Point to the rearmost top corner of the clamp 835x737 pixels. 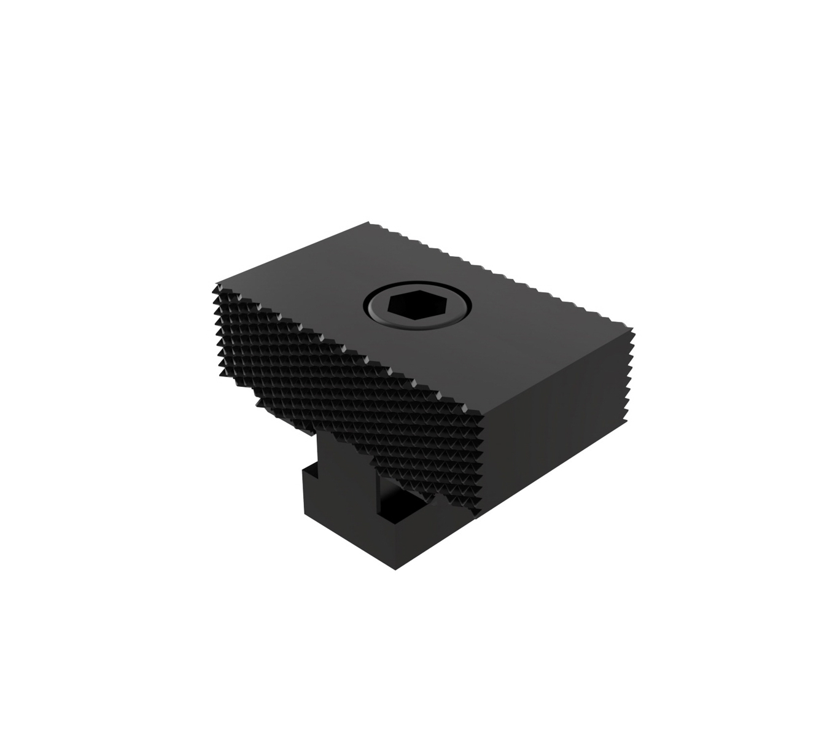tap(370, 222)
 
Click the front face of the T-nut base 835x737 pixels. tap(362, 540)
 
